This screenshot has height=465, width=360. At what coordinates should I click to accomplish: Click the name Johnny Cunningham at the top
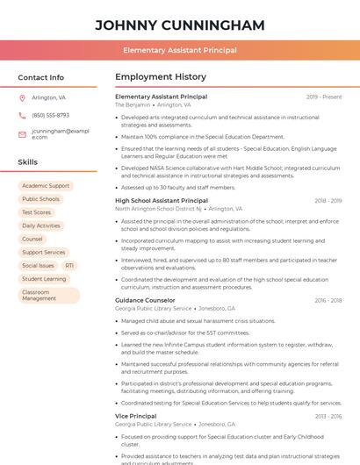(180, 25)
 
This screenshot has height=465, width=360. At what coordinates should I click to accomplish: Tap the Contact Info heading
(41, 77)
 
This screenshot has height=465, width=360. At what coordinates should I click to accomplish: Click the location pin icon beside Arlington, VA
(22, 98)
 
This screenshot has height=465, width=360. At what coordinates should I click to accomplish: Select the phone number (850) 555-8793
(50, 115)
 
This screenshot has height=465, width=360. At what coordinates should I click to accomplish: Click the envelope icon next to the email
(22, 134)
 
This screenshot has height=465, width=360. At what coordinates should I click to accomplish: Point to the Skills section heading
(28, 162)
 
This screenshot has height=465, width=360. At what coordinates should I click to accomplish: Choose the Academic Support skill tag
(46, 186)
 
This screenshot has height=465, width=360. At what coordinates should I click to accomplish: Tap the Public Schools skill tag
(40, 199)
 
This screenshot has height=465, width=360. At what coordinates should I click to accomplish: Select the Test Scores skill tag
(37, 212)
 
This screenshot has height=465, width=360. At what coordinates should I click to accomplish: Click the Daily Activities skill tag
(41, 225)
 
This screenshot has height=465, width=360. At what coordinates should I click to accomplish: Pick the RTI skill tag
(69, 265)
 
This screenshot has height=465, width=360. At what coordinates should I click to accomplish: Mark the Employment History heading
(161, 77)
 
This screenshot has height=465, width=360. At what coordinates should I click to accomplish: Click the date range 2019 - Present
(323, 97)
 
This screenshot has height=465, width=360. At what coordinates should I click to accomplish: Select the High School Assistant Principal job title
(162, 201)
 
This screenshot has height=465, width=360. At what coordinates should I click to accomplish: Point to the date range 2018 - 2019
(328, 201)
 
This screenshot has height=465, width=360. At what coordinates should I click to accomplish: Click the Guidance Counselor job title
(145, 300)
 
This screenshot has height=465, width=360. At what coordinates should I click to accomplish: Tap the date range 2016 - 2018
(328, 300)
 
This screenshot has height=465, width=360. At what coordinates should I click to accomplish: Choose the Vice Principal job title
(135, 416)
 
